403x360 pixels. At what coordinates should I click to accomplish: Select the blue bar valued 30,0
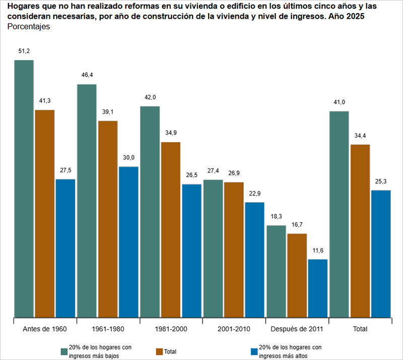point(128,242)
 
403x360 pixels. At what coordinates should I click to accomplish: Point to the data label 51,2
point(24,51)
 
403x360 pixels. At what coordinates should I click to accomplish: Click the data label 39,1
point(108,111)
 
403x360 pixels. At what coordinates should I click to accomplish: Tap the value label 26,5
point(192,175)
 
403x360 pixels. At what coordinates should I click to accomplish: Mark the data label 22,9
point(255,193)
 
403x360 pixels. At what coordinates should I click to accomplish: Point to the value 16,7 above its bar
point(297,224)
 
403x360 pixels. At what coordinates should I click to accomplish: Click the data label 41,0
point(339,102)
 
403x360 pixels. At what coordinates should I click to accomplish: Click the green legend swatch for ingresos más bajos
point(64,351)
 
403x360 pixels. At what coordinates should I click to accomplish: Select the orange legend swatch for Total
point(159,351)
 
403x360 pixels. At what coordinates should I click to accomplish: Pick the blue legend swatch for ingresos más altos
point(253,351)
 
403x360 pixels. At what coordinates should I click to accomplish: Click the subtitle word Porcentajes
point(29,27)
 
